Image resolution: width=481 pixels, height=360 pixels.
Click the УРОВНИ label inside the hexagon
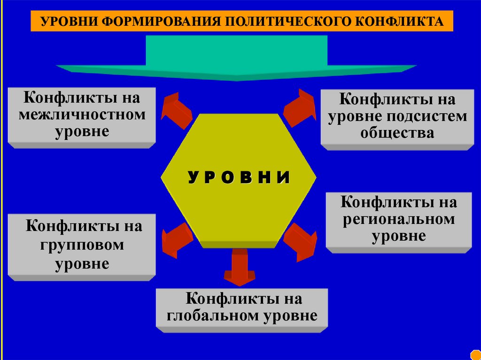coord(239,177)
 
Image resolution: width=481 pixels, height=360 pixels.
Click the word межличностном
coord(82,115)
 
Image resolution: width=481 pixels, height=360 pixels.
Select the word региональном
coord(399,219)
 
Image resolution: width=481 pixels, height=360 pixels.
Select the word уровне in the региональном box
coord(399,236)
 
